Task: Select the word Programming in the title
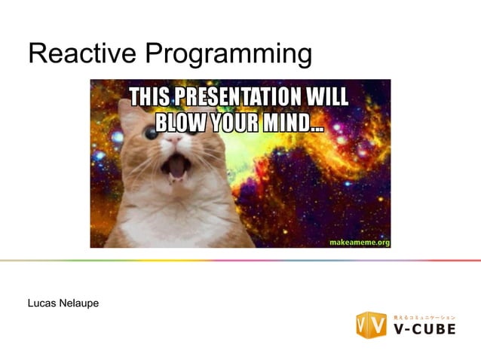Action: (227, 55)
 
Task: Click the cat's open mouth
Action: (175, 167)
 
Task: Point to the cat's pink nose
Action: (173, 141)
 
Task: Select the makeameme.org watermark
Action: (360, 241)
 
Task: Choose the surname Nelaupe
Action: (80, 303)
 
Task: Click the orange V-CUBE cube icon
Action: (371, 324)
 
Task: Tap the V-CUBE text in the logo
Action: (424, 329)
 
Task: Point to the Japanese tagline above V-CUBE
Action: (424, 316)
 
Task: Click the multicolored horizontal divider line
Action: (240, 261)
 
